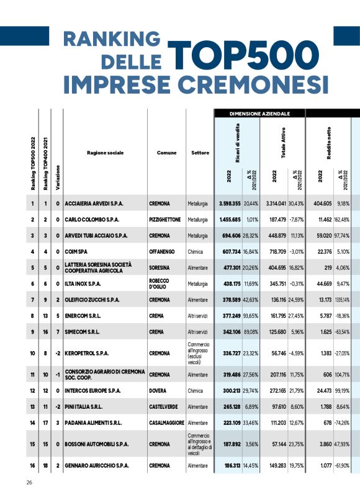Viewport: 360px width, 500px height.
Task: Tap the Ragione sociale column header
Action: click(x=105, y=152)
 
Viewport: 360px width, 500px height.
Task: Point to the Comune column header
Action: click(x=166, y=152)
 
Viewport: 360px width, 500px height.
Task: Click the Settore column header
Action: click(x=200, y=152)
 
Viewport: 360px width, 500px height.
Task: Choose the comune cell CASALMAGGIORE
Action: click(x=166, y=422)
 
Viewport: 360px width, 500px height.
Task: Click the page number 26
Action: click(x=29, y=483)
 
